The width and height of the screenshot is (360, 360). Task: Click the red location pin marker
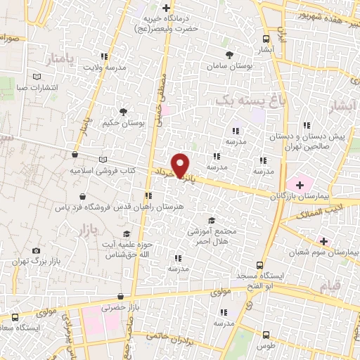[181, 165]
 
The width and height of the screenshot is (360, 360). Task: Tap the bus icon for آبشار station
[266, 39]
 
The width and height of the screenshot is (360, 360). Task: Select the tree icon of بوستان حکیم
[124, 111]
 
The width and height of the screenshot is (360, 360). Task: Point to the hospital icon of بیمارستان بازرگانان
[300, 186]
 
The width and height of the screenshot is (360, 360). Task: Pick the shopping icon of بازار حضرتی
[121, 297]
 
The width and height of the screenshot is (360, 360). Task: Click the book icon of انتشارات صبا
[37, 77]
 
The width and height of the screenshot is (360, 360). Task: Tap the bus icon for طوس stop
[266, 335]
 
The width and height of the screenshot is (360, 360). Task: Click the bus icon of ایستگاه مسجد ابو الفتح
[260, 265]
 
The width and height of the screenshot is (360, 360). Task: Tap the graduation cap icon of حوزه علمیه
[127, 234]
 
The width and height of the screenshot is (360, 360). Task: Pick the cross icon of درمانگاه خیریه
[167, 9]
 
